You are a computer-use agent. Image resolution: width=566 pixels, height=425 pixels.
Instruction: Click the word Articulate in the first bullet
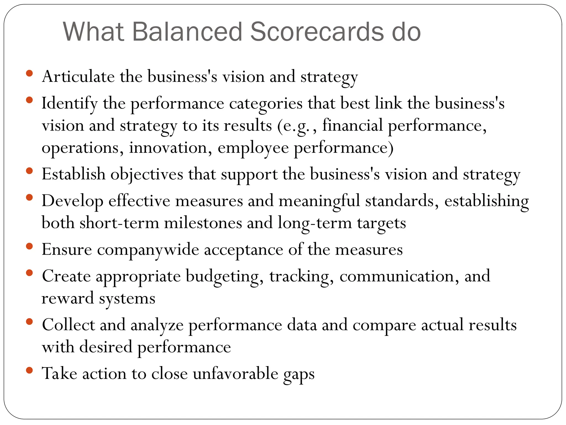tap(78, 77)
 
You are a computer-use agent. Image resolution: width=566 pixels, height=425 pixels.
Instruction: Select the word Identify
tap(69, 103)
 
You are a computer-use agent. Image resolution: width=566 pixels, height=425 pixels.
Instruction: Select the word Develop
tap(72, 201)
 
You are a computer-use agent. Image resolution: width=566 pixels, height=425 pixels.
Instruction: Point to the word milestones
tap(203, 223)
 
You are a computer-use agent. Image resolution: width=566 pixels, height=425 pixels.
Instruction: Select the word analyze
tap(157, 325)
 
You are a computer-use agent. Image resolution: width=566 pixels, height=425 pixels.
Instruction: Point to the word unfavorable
tap(235, 374)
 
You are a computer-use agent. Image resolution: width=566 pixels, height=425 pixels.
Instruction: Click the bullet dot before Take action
tap(29, 370)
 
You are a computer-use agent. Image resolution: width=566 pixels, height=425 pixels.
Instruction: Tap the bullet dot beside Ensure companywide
tap(29, 246)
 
